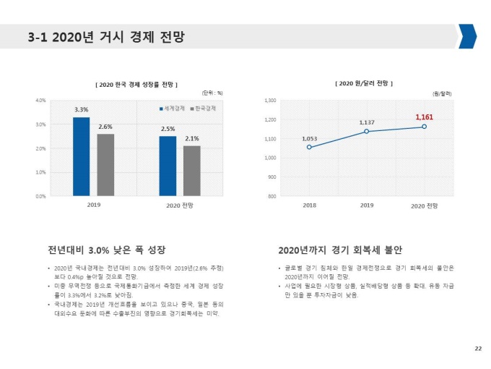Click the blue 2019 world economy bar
(81, 156)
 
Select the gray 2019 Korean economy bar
(105, 165)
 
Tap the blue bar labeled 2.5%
(168, 166)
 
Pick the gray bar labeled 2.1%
(192, 171)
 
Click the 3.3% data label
(81, 109)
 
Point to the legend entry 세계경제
(172, 109)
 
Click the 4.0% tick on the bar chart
(40, 100)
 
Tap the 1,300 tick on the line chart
(271, 101)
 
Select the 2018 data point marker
(309, 147)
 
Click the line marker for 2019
(367, 131)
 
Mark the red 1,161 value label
(424, 116)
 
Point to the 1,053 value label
(310, 137)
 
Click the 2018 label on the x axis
(309, 205)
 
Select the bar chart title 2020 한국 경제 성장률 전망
(136, 85)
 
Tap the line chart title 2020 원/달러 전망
(365, 84)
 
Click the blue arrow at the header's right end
(466, 36)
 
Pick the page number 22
(477, 349)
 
